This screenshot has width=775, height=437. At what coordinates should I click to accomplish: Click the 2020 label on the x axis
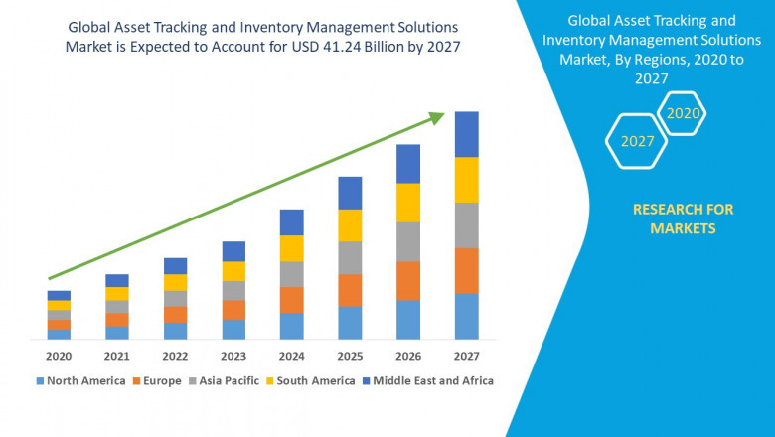(x=59, y=356)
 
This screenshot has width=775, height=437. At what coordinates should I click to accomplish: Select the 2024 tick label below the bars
(x=291, y=356)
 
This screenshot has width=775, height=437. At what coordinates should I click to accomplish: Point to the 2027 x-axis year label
(x=466, y=356)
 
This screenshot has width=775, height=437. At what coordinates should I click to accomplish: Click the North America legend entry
(x=80, y=380)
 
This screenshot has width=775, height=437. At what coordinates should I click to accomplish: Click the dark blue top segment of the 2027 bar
(x=466, y=134)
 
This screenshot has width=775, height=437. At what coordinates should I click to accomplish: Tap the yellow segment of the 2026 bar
(x=408, y=203)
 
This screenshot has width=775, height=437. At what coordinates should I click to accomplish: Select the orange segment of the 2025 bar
(x=350, y=290)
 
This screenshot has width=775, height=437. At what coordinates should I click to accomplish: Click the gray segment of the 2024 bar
(x=291, y=274)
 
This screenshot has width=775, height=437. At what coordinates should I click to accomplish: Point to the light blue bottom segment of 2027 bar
(x=466, y=316)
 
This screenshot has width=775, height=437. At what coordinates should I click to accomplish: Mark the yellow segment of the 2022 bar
(x=175, y=282)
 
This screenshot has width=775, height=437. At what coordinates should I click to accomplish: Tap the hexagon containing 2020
(x=683, y=113)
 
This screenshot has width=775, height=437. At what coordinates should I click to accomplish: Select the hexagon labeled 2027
(x=637, y=141)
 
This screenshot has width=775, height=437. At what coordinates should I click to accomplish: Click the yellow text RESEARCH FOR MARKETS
(x=683, y=218)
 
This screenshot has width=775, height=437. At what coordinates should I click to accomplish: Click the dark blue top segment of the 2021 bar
(x=117, y=280)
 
